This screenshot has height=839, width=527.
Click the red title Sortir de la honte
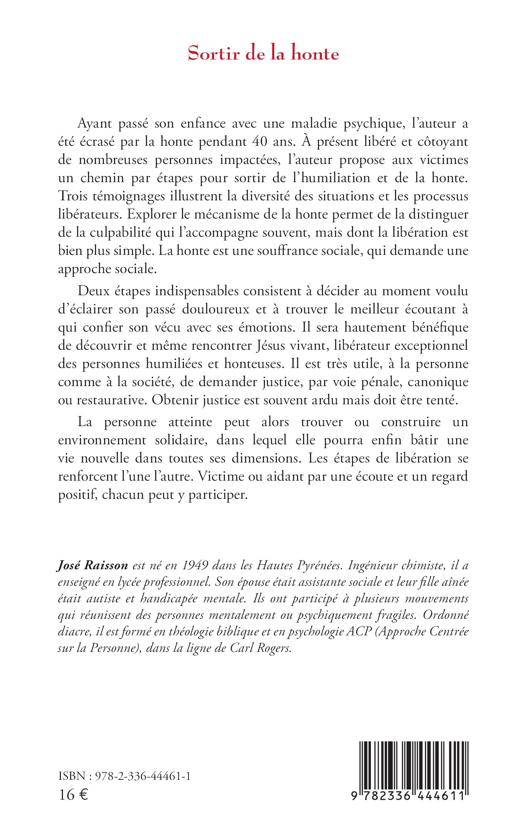pos(263,54)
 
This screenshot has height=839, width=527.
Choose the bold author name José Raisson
pos(92,566)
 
